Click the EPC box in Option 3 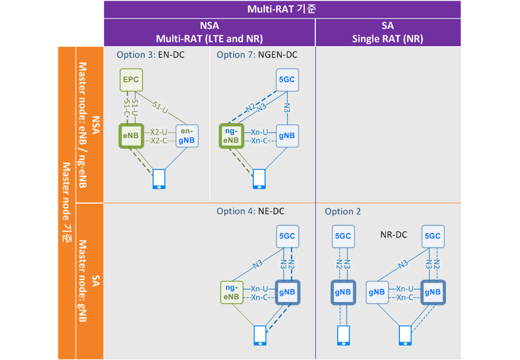(131, 80)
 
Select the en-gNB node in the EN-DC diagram (187, 136)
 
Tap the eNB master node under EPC (131, 136)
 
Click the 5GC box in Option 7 (287, 80)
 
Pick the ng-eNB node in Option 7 (231, 136)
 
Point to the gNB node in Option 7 (287, 136)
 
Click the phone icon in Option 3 (159, 179)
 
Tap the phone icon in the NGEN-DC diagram (259, 179)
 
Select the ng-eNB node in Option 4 (232, 292)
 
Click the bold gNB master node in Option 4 (287, 292)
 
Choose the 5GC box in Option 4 (288, 237)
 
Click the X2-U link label (159, 132)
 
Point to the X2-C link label (159, 141)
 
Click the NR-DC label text (393, 235)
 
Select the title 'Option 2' (343, 212)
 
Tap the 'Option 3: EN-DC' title (151, 54)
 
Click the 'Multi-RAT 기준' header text (282, 9)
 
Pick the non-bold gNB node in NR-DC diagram (377, 292)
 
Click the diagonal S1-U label (160, 108)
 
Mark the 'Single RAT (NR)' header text (387, 39)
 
